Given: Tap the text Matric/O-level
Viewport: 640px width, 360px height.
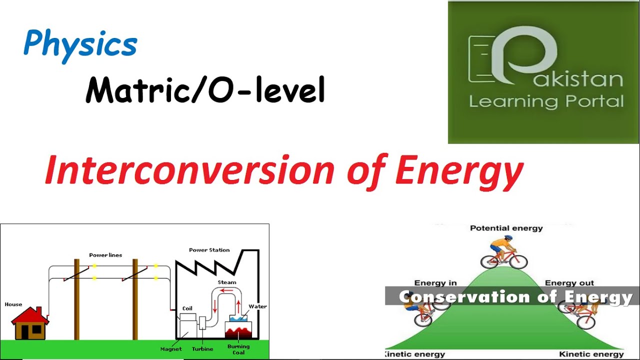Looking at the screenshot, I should [x=205, y=90].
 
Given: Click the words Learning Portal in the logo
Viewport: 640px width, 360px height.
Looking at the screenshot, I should [x=546, y=101].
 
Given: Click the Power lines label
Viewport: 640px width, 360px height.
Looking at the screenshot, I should [x=105, y=255].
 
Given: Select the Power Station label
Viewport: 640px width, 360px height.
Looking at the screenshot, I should [x=209, y=249].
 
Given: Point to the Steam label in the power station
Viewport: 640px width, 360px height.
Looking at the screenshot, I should [x=227, y=282].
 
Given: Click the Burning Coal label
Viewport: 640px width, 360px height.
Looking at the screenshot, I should [x=238, y=349].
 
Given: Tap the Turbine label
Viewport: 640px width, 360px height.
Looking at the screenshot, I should [x=202, y=349].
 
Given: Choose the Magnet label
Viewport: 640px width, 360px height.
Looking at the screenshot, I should [x=171, y=349].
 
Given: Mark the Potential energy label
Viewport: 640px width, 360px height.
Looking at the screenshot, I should [x=506, y=228].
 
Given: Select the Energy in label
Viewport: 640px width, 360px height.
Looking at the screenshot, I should [x=435, y=283].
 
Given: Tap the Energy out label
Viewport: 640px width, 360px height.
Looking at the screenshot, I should [x=569, y=283].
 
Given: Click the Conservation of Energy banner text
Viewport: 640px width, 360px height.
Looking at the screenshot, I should [x=515, y=297].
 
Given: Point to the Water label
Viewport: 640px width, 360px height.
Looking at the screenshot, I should [x=257, y=306].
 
